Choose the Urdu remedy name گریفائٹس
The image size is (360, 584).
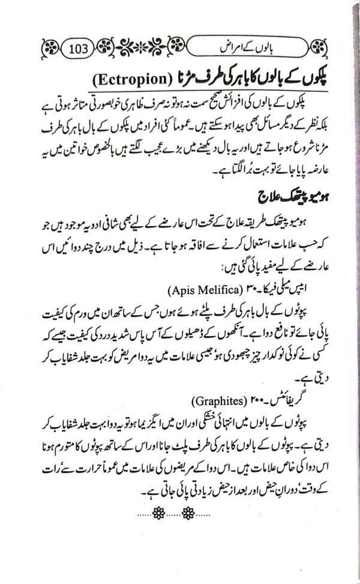267,399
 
